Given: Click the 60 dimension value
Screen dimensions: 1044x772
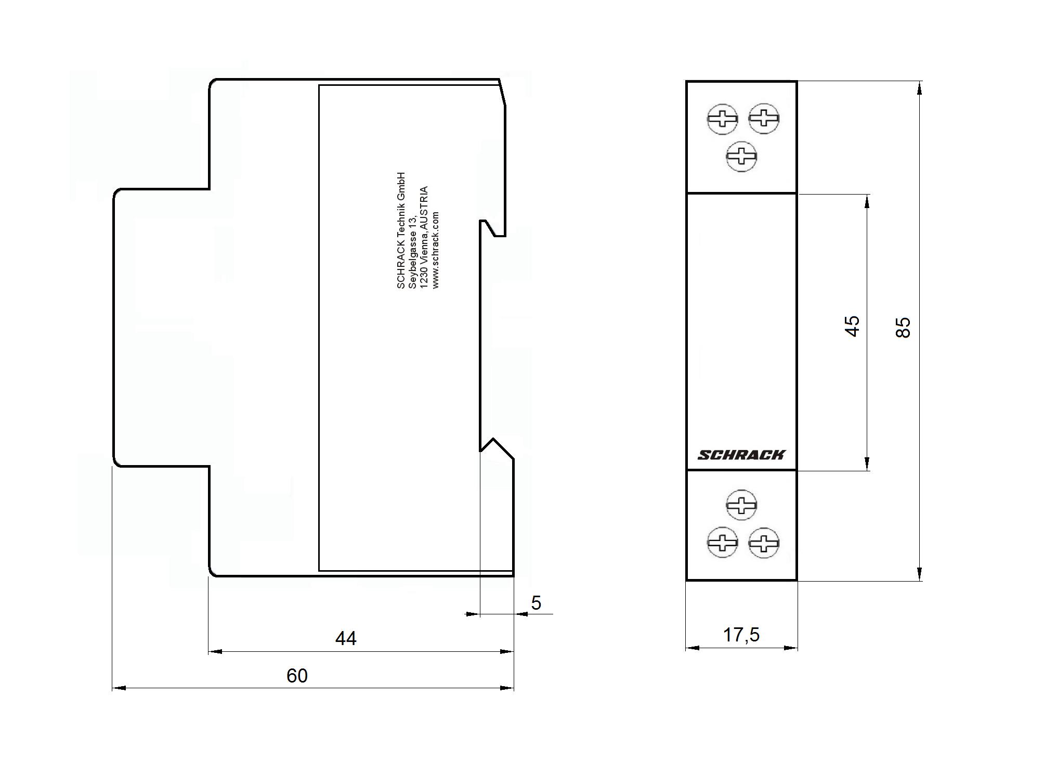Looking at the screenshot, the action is (297, 676).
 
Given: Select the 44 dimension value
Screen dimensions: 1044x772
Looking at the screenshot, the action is (346, 638).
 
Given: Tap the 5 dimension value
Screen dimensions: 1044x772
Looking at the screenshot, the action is (536, 603).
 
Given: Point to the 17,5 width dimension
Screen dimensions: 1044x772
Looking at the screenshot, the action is (741, 635).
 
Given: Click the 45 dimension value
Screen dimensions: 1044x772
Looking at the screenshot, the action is (852, 326).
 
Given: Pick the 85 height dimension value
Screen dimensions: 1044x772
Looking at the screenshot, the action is (904, 328).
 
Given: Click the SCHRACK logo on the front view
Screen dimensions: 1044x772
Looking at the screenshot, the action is (741, 455).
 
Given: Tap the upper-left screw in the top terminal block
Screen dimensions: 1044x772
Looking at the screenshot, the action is (722, 119).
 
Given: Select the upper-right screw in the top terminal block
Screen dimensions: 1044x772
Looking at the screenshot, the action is (764, 118).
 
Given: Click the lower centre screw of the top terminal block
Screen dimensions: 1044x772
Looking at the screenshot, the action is (741, 156).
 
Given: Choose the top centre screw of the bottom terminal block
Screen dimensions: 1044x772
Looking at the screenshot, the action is (741, 505).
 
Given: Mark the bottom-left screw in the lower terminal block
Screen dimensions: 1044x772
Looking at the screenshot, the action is (722, 543).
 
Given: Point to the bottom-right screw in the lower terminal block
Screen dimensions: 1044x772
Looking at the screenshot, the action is (764, 543).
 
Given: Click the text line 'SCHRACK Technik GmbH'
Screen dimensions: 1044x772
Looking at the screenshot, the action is (400, 230).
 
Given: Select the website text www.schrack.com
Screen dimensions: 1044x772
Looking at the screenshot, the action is (435, 250).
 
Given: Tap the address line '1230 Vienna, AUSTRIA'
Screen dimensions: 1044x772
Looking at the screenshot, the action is (424, 237).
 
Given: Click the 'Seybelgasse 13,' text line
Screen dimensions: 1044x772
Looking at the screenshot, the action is (412, 253).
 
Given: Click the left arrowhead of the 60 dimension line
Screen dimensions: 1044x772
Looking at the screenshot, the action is (119, 688).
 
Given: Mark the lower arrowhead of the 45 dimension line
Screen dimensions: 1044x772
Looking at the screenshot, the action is (867, 464).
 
